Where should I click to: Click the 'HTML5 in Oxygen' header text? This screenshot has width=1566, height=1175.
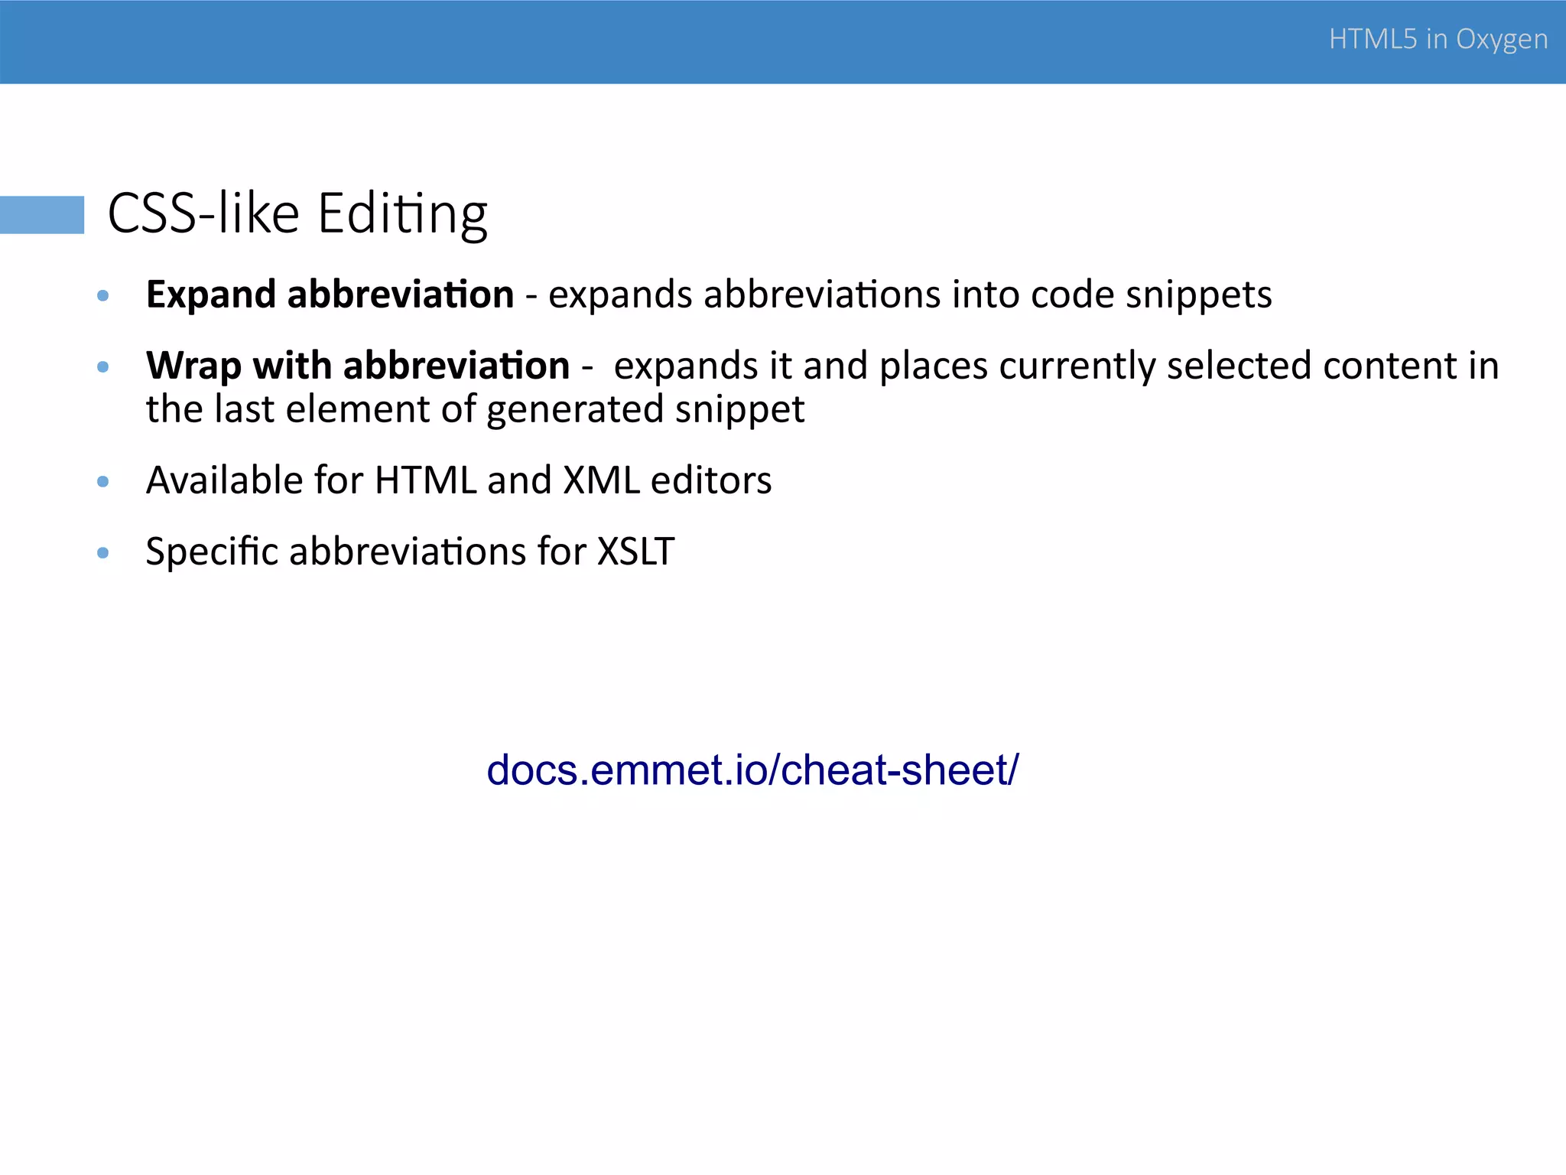click(1438, 39)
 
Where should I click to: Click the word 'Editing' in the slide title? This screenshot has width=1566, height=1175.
click(402, 213)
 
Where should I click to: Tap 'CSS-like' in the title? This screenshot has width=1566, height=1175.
click(203, 213)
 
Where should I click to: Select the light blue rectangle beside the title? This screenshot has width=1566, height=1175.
click(42, 214)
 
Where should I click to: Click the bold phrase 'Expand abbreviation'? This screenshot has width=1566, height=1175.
click(330, 295)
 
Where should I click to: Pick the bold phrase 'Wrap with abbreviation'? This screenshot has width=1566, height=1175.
click(357, 366)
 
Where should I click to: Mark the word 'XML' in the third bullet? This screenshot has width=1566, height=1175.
click(601, 480)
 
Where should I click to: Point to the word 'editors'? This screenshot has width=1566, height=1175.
click(711, 480)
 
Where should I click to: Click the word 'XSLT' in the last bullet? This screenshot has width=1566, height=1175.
click(635, 552)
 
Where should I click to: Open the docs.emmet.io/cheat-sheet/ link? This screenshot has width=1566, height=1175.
click(752, 770)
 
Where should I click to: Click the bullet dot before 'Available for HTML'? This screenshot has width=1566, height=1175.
click(103, 482)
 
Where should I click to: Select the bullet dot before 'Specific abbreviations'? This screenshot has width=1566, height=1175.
click(103, 553)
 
